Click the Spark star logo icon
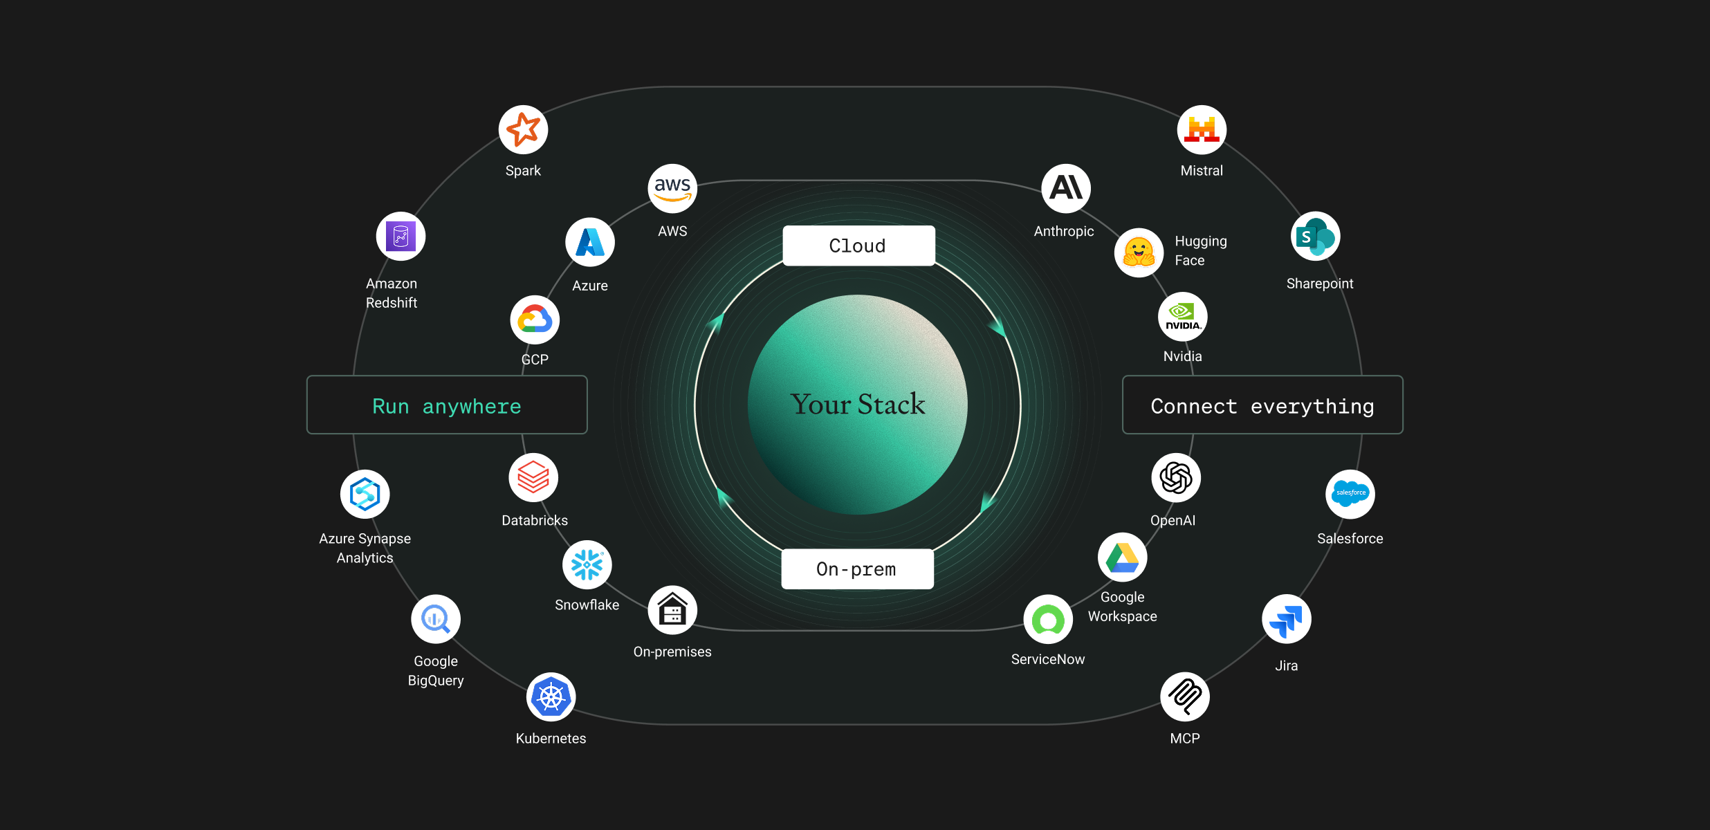523,130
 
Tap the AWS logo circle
672,189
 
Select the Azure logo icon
590,243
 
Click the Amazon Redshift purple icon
401,237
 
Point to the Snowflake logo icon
587,565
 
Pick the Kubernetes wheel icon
551,697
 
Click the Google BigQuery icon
436,619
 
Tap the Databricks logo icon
533,478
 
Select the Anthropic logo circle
1066,189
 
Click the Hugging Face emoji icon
1139,252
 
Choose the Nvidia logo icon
1183,317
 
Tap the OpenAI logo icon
1176,478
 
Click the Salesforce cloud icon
1350,494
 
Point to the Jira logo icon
1287,619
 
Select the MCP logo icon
1185,697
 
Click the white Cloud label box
858,246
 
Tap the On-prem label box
857,569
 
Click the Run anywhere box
447,405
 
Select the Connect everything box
1262,405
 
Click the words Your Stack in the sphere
858,405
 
